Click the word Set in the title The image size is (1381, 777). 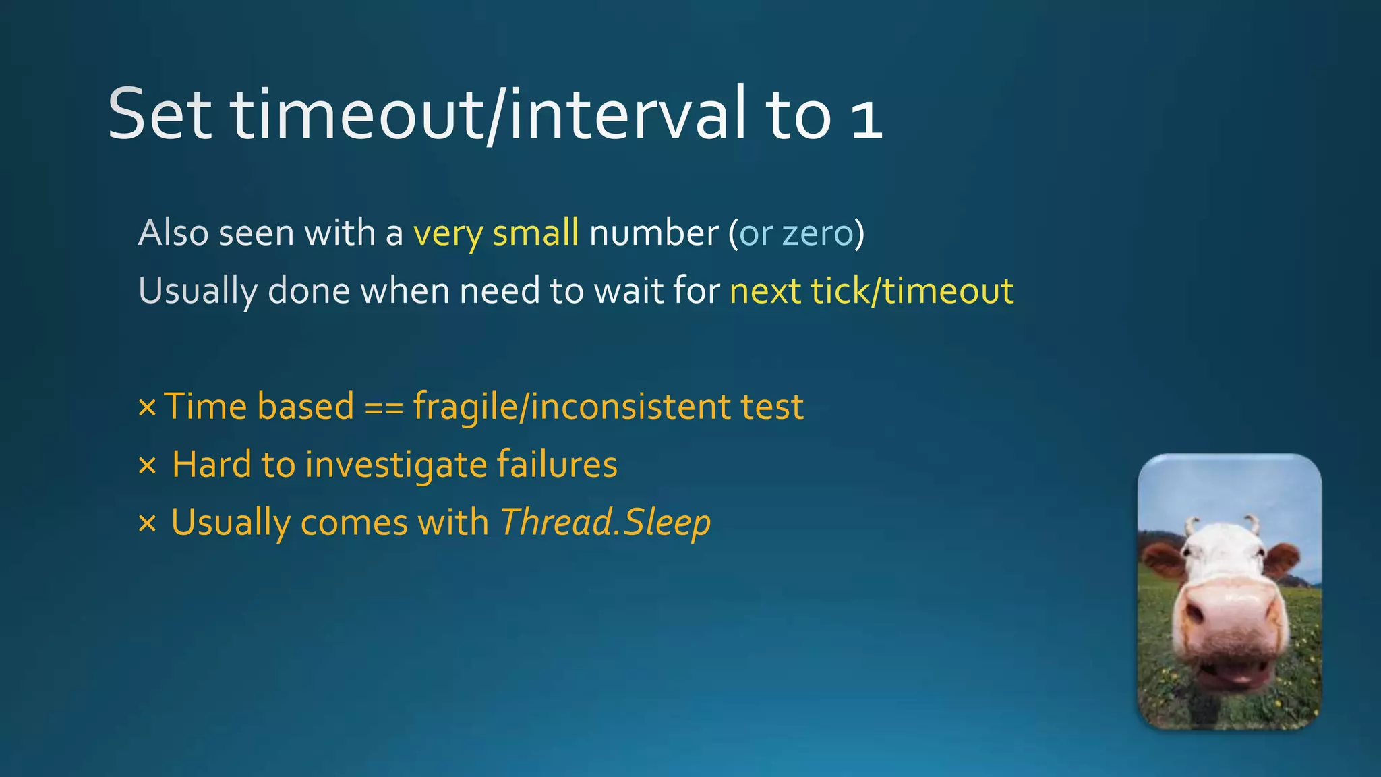tap(160, 114)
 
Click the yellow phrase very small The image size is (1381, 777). tap(496, 233)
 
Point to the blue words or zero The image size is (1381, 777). tap(796, 233)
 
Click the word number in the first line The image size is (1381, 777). tap(653, 233)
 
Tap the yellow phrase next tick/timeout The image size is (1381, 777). tap(871, 291)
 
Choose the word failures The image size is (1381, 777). tap(557, 465)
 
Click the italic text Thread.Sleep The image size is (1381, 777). tap(605, 523)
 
